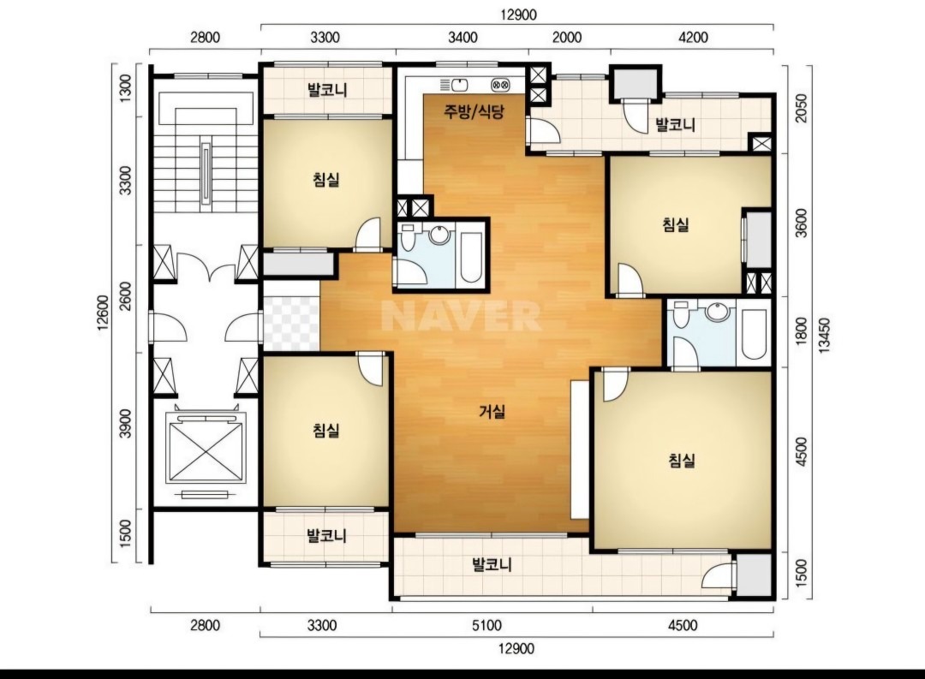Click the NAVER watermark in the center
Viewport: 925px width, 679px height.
461,316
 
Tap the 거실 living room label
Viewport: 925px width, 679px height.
492,411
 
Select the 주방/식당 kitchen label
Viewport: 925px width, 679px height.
474,111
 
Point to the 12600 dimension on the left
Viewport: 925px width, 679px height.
103,313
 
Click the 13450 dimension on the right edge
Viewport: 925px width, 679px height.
824,336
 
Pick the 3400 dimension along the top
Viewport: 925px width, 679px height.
463,38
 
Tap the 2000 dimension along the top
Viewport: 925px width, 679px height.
566,38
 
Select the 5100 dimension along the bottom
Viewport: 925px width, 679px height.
486,625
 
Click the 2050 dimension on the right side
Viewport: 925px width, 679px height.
801,108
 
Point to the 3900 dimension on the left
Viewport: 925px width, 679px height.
125,423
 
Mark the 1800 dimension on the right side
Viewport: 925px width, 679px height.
801,331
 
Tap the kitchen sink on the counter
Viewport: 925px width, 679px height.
455,85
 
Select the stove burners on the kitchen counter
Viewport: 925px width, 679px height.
500,86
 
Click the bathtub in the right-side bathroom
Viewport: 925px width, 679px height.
754,333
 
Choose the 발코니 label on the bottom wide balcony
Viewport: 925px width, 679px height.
492,565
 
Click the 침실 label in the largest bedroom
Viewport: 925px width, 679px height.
682,460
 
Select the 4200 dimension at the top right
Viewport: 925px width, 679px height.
693,38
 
